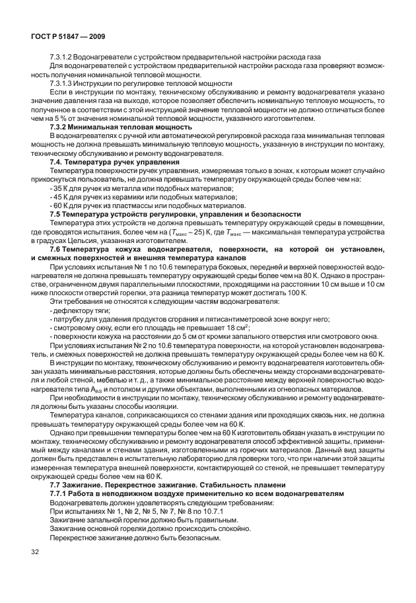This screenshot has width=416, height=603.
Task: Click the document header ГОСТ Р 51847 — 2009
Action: pyautogui.click(x=69, y=37)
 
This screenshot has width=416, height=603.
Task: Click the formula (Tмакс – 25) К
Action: pyautogui.click(x=194, y=232)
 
